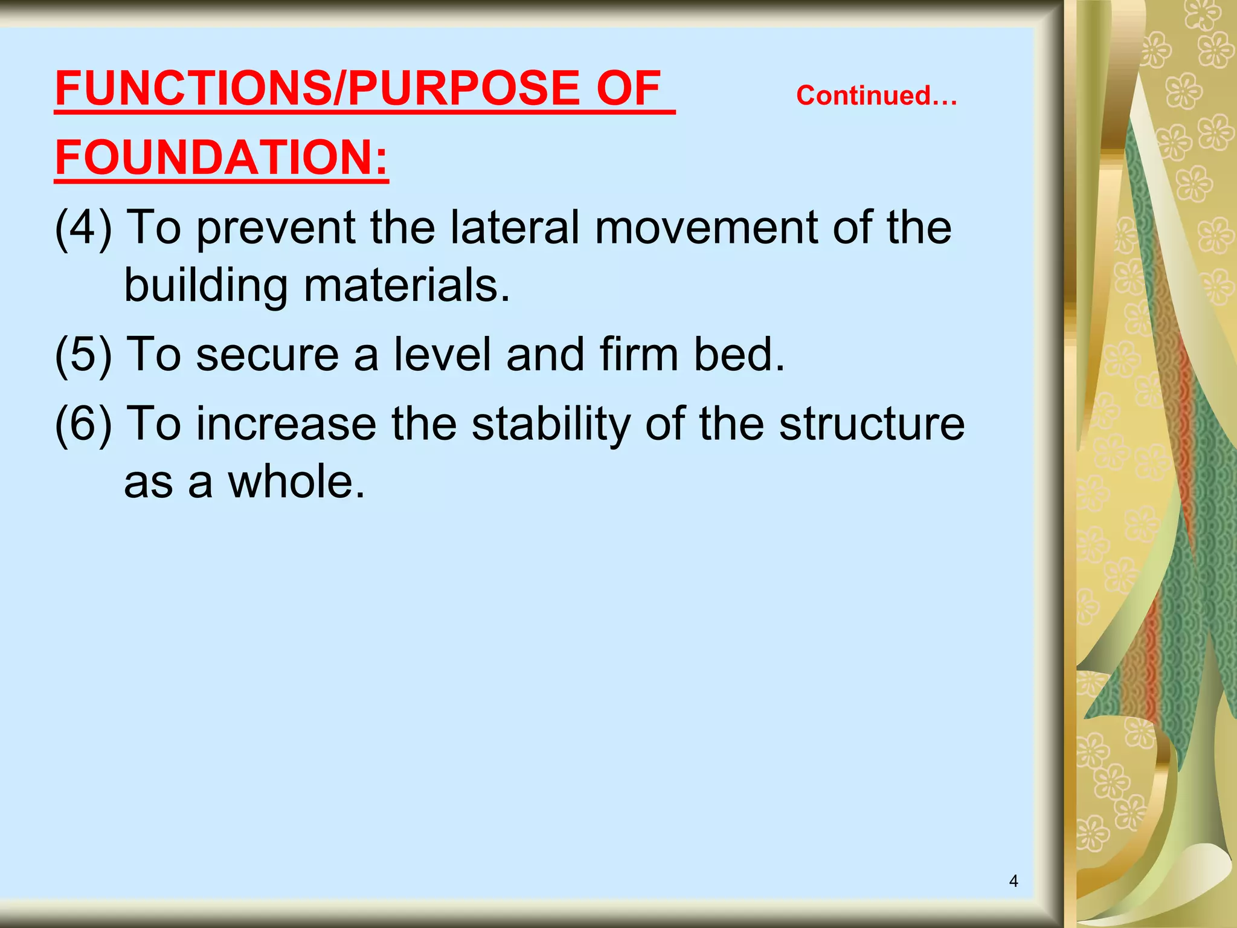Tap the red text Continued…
tap(876, 95)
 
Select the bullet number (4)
tap(83, 228)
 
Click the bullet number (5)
tap(83, 355)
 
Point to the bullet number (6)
tap(83, 424)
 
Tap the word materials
tap(406, 286)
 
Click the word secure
tap(268, 355)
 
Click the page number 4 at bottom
tap(1014, 881)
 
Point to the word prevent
tap(276, 228)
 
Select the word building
tap(205, 286)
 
